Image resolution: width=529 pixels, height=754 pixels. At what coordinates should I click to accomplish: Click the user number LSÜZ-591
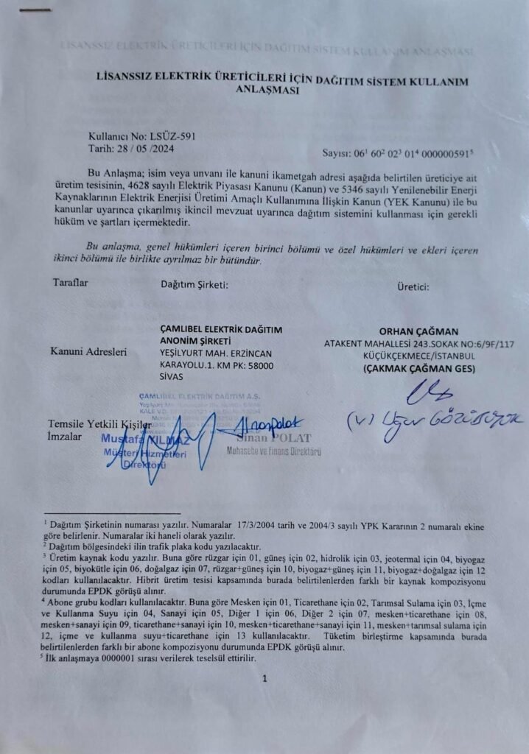coord(170,136)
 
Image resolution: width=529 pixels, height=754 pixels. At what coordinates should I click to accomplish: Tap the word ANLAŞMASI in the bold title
coord(267,91)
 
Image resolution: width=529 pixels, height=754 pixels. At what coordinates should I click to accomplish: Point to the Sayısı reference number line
coord(398,153)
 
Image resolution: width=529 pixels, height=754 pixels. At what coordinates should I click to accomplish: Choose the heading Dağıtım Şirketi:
coord(195,284)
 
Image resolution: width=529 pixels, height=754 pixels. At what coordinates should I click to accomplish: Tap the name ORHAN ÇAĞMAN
coord(418,331)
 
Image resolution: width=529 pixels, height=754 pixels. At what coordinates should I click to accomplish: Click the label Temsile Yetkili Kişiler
coord(99,425)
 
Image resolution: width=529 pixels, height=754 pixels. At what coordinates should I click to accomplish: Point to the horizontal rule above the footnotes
coord(111,513)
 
